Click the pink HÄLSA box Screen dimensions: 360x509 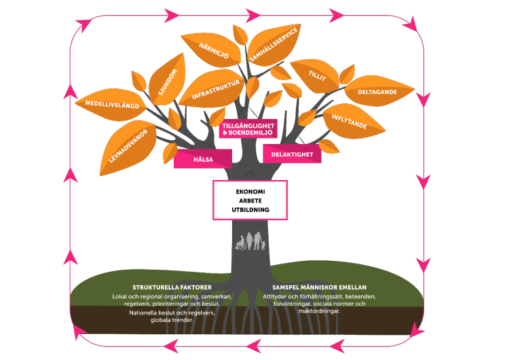(x=203, y=158)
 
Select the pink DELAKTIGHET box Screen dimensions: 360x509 (x=292, y=154)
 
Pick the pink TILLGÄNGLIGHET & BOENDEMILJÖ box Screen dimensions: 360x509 (x=248, y=130)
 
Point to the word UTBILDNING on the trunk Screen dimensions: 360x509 (x=250, y=210)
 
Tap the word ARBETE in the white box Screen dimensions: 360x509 (x=250, y=200)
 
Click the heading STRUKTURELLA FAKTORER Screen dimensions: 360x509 (x=167, y=287)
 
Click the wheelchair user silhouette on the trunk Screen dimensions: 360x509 (x=242, y=244)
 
